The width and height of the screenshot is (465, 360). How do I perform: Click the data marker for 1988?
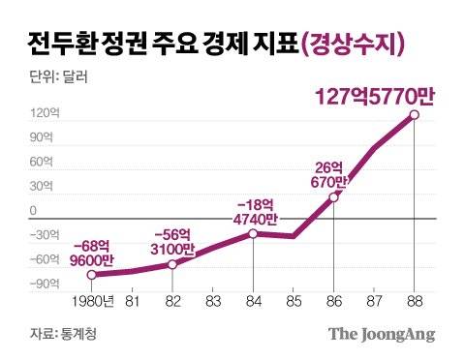[x=415, y=115]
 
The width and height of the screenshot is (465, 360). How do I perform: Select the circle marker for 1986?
[x=334, y=197]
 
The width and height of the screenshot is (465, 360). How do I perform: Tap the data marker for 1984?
[x=253, y=233]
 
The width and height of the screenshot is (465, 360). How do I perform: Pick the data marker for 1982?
[x=171, y=264]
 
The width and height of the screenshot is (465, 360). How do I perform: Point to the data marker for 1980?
[x=91, y=275]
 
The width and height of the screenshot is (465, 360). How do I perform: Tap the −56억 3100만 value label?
[x=171, y=241]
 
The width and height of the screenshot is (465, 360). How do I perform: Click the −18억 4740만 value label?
[x=253, y=211]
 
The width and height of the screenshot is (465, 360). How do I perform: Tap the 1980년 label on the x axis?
[x=93, y=300]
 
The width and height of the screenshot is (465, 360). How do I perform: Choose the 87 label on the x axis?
[x=374, y=300]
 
